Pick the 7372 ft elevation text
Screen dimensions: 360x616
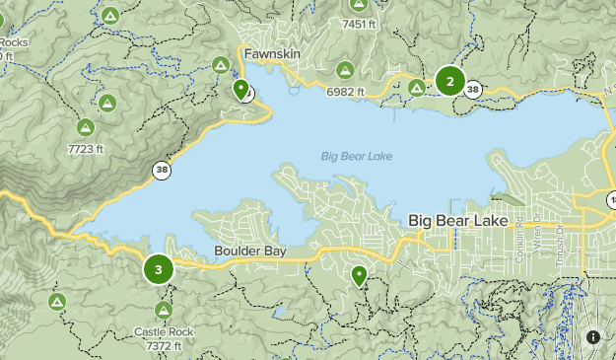click(x=164, y=346)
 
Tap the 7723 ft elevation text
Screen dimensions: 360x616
click(x=85, y=149)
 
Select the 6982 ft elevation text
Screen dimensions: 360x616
click(x=346, y=92)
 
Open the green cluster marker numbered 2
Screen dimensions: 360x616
click(x=450, y=82)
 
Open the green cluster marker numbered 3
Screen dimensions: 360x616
click(x=158, y=269)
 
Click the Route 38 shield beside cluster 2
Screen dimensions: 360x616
click(x=474, y=89)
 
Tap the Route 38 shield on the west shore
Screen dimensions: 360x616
click(x=160, y=171)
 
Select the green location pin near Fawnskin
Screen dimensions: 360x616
click(x=240, y=90)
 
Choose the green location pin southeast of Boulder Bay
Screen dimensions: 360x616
click(x=360, y=276)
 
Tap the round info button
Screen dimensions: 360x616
click(x=592, y=336)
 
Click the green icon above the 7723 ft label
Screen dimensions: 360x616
click(x=85, y=126)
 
